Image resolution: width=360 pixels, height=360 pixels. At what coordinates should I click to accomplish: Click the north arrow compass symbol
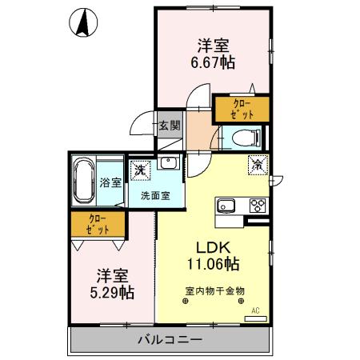(82, 23)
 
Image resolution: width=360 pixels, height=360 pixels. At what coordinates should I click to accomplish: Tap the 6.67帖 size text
(213, 60)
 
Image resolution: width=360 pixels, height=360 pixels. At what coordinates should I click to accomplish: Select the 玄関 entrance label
(168, 125)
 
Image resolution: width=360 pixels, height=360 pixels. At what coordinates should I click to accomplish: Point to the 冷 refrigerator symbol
(258, 165)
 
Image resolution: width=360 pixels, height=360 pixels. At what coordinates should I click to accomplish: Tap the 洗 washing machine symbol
(142, 169)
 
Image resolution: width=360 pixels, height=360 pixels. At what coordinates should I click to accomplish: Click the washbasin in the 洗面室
(168, 164)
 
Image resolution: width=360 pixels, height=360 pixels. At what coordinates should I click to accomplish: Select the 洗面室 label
(154, 194)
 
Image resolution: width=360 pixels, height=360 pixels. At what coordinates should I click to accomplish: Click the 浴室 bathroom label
(110, 182)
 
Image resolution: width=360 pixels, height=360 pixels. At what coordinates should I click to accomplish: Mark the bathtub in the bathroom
(83, 182)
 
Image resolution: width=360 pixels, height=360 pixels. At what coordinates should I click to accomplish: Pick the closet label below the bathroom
(97, 225)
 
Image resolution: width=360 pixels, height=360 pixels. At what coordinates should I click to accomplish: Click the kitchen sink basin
(224, 205)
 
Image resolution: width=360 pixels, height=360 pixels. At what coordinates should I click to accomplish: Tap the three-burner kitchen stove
(258, 205)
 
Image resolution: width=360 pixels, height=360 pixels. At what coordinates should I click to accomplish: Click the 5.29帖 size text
(112, 293)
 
